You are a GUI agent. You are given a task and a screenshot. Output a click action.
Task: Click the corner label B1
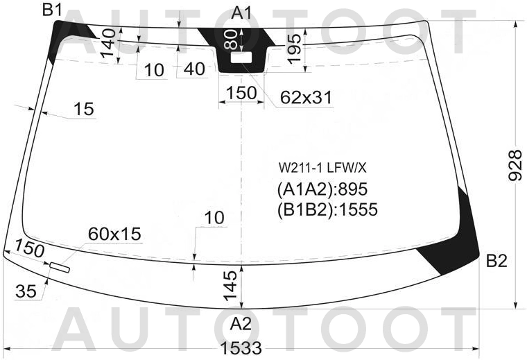pos(52,10)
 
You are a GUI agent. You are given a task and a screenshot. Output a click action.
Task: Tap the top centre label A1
pos(241,13)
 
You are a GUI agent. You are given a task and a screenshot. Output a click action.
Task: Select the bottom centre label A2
pos(241,325)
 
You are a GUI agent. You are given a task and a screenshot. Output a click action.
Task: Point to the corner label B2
pos(496,261)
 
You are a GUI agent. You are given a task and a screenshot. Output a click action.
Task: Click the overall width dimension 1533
pos(241,348)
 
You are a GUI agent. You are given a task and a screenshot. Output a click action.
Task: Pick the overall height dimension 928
pos(515,165)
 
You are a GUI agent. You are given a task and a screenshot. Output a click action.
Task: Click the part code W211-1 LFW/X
pos(322,168)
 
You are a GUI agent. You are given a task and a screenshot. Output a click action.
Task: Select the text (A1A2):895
pos(322,189)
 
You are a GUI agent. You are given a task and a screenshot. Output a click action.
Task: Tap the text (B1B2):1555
pos(327,209)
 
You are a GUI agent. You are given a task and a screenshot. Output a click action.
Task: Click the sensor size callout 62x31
pos(306,98)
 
